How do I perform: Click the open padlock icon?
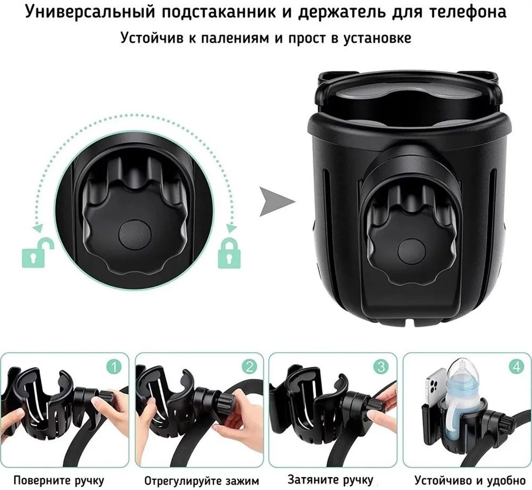tap(38, 253)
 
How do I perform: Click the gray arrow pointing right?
tap(277, 202)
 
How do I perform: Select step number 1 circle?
tap(114, 367)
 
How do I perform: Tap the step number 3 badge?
tap(381, 367)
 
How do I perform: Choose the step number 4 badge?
tap(516, 367)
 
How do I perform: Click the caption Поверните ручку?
tap(59, 480)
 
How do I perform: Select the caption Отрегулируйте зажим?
tap(202, 481)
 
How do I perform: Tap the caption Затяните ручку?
tap(330, 480)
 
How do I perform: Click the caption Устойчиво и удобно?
tap(470, 480)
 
